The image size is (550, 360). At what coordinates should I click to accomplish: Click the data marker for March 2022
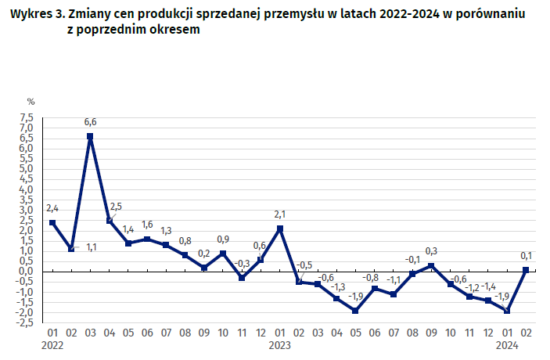(90, 136)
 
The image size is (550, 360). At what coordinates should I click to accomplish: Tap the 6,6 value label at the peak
(90, 122)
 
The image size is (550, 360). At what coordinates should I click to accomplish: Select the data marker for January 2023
(279, 229)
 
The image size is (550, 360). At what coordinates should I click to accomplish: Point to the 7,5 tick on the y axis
(27, 118)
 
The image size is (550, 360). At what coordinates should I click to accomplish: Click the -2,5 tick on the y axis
(24, 322)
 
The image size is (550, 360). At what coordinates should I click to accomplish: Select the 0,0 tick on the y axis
(27, 272)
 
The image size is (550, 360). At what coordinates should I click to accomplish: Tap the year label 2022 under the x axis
(52, 344)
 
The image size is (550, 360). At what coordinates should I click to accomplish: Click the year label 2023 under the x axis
(280, 344)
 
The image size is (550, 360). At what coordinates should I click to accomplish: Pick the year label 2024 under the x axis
(507, 344)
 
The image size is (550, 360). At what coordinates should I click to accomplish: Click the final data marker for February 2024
(526, 270)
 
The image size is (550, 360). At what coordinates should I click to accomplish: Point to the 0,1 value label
(526, 255)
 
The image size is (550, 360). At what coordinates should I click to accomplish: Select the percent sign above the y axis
(31, 102)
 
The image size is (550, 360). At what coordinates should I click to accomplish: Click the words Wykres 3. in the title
(37, 15)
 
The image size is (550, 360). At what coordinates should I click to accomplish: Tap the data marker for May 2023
(355, 311)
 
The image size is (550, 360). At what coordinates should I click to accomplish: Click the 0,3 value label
(431, 251)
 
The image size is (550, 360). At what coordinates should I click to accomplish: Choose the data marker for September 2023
(431, 266)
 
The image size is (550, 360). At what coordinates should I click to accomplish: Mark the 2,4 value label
(52, 208)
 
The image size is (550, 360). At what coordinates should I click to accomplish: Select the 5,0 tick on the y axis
(27, 169)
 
